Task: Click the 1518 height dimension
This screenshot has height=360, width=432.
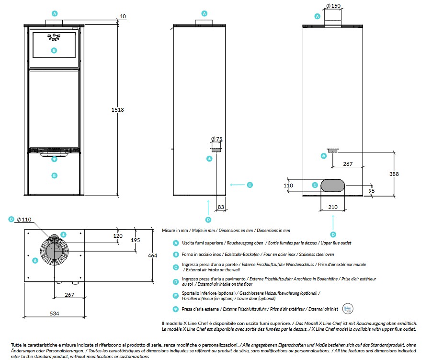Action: point(117,110)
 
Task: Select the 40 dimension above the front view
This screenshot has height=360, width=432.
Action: point(123,16)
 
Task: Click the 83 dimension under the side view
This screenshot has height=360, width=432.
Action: point(221,207)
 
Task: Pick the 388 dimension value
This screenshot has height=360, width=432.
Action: point(394,174)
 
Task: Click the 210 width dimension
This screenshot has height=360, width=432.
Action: point(333,207)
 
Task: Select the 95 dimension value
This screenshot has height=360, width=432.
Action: point(372,191)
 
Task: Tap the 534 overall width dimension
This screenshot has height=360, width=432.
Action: point(54,314)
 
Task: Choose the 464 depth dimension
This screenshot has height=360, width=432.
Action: point(152,255)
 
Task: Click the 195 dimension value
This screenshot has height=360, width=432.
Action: point(135,240)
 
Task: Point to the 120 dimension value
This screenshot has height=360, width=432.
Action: point(118,236)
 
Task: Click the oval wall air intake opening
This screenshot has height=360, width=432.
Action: point(333,185)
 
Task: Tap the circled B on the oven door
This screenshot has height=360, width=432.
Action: point(54,50)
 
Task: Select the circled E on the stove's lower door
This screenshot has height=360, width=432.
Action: point(54,175)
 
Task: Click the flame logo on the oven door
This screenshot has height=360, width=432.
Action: point(54,37)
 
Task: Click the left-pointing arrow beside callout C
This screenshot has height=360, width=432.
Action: point(237,184)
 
